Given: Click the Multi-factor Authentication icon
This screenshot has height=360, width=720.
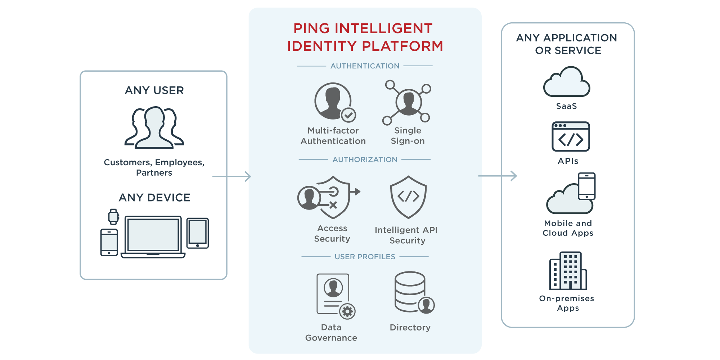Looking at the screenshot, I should tap(333, 102).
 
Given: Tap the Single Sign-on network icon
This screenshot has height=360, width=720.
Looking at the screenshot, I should tap(408, 102).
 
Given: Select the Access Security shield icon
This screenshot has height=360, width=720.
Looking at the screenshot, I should tap(331, 197).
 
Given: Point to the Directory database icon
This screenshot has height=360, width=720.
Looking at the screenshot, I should tap(410, 292).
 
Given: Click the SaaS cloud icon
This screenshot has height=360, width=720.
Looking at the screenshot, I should tap(567, 83).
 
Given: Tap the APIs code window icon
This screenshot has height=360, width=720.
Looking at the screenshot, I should tap(571, 137).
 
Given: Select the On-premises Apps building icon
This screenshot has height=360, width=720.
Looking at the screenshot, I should tap(568, 271).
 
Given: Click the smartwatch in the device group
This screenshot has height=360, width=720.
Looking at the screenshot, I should tap(114, 216).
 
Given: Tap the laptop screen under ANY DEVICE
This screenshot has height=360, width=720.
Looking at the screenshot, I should tap(153, 234).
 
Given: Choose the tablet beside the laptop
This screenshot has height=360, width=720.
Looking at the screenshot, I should tap(198, 233).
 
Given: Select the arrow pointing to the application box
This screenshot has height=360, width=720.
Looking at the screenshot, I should tap(498, 176).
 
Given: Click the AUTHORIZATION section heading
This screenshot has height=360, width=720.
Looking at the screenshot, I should tap(365, 159).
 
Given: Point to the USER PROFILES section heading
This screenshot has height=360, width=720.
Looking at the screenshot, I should tap(365, 257).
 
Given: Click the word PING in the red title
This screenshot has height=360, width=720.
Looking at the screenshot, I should tap(311, 28).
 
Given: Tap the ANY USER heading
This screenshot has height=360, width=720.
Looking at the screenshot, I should tap(154, 90).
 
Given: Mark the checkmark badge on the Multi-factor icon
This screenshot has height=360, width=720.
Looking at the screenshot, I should tap(348, 115).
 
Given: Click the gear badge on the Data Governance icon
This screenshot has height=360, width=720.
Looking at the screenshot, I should tap(347, 311).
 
